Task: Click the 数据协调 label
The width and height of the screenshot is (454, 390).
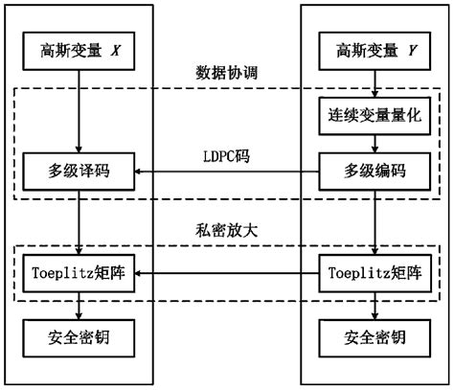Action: (227, 73)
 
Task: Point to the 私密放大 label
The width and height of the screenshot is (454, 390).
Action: (227, 230)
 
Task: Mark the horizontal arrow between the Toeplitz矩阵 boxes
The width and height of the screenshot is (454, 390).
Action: (227, 276)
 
